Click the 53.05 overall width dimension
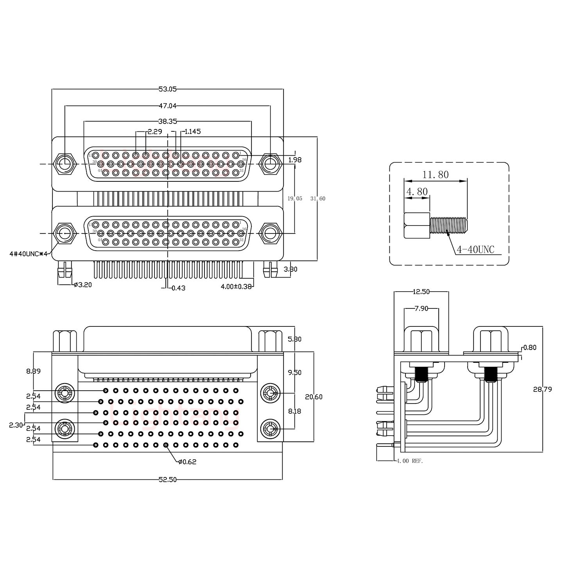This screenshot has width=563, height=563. pyautogui.click(x=167, y=89)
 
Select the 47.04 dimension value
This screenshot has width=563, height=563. pyautogui.click(x=167, y=106)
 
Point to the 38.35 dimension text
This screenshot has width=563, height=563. pyautogui.click(x=167, y=122)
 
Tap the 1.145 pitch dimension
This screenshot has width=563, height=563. pyautogui.click(x=192, y=131)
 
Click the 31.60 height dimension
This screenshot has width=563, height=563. pyautogui.click(x=317, y=199)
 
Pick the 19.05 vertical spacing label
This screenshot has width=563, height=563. pyautogui.click(x=295, y=199)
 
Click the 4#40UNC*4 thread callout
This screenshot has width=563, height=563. pyautogui.click(x=28, y=254)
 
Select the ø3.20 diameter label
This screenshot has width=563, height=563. pyautogui.click(x=83, y=285)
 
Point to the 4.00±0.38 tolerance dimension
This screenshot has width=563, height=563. pyautogui.click(x=236, y=287)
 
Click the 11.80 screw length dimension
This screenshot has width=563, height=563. pyautogui.click(x=436, y=175)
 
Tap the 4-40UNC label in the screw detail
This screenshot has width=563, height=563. pyautogui.click(x=475, y=249)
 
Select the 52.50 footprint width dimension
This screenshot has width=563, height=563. pyautogui.click(x=167, y=480)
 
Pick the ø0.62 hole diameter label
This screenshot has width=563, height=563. pyautogui.click(x=187, y=462)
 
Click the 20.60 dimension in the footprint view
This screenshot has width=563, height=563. pyautogui.click(x=314, y=397)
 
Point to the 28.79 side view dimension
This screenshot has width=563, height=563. pyautogui.click(x=542, y=389)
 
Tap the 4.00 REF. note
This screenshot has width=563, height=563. pyautogui.click(x=409, y=461)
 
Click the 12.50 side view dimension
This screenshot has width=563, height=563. pyautogui.click(x=421, y=292)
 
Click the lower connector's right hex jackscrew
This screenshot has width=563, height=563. pyautogui.click(x=270, y=233)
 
